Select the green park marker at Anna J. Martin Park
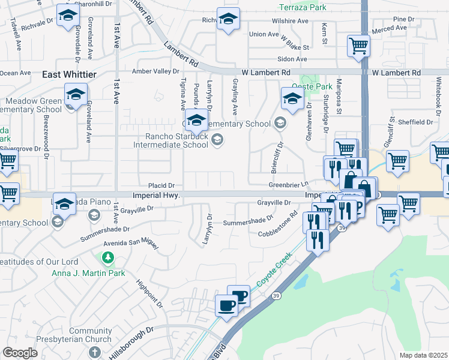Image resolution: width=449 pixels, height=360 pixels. [107, 258]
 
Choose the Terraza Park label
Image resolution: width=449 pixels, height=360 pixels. [304, 8]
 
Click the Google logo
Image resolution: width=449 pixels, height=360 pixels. [20, 352]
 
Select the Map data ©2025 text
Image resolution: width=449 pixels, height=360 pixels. [423, 355]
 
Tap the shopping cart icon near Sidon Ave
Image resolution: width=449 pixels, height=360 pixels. [358, 45]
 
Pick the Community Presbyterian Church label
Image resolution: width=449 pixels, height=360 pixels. [90, 335]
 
